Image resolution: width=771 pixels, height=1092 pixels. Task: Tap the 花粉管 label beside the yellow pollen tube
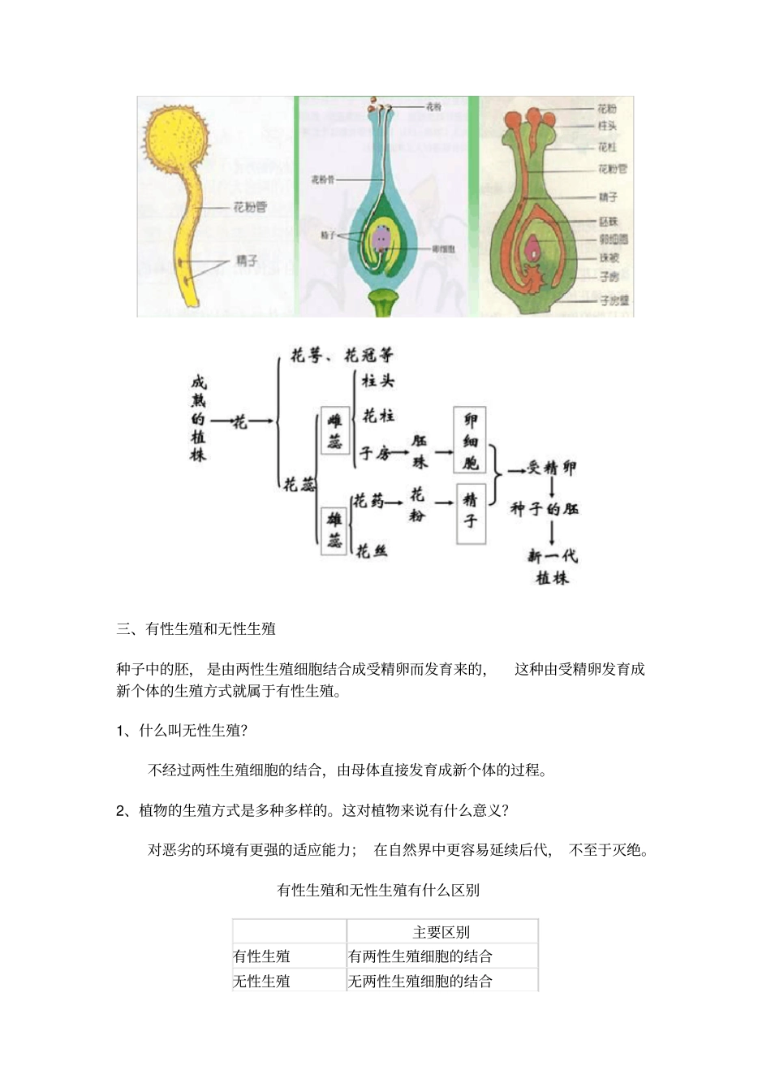tap(249, 207)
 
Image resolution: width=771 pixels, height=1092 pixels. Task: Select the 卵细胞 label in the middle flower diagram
tap(442, 249)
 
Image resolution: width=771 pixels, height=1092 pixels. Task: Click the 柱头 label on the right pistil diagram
tap(607, 126)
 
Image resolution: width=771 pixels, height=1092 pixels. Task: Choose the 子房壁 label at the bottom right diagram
tap(614, 300)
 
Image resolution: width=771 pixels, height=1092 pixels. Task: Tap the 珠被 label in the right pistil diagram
tap(609, 257)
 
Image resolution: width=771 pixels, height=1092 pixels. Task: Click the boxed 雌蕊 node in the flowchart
tap(335, 430)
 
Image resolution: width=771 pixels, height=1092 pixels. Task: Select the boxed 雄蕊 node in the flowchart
tap(334, 529)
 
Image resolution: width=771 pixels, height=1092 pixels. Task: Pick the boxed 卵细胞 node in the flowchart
tap(470, 440)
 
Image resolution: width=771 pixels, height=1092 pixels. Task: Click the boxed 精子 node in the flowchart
tap(471, 511)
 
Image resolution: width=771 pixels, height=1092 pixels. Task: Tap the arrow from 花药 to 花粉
tap(394, 502)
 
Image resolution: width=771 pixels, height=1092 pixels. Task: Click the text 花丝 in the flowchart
tap(372, 551)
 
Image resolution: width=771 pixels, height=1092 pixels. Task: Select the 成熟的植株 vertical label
tap(198, 418)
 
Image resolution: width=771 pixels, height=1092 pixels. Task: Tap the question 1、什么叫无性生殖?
tap(182, 730)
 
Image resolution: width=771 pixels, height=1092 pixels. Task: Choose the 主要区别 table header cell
tap(441, 932)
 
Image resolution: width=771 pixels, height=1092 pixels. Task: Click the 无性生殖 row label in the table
tap(261, 981)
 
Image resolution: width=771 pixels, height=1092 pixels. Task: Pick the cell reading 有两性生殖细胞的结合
tap(420, 956)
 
